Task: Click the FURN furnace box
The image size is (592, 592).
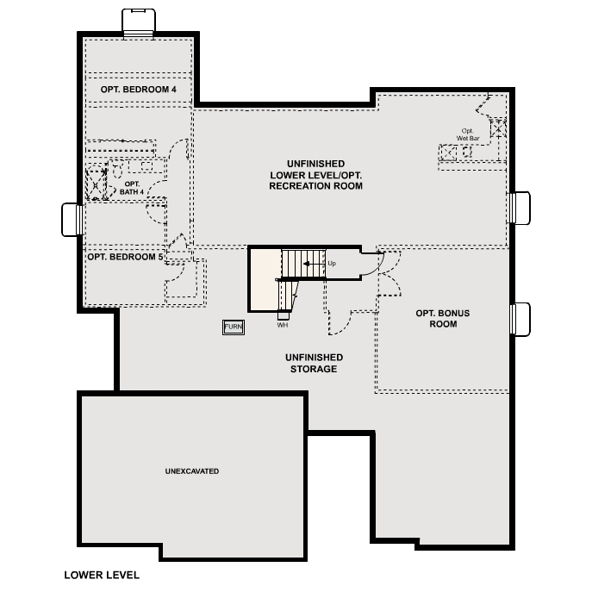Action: pos(233,327)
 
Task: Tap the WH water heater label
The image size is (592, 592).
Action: pos(282,326)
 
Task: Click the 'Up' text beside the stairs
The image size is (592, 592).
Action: pos(332,262)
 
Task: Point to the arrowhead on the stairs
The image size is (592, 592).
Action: pos(308,263)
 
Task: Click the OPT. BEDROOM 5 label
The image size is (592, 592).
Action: pos(125,257)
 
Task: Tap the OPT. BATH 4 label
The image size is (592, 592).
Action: pos(133,188)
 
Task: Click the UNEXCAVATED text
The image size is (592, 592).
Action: pos(191,471)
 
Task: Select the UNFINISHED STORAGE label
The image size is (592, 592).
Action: pos(314,363)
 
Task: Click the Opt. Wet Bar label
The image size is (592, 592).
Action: pos(468,134)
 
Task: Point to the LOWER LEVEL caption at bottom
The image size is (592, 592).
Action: pos(101,575)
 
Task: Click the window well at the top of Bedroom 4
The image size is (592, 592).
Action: pos(138,22)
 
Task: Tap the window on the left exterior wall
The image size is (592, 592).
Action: pos(72,219)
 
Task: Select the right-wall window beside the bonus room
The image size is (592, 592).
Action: pos(520,319)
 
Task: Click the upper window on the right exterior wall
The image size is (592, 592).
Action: pos(520,208)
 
